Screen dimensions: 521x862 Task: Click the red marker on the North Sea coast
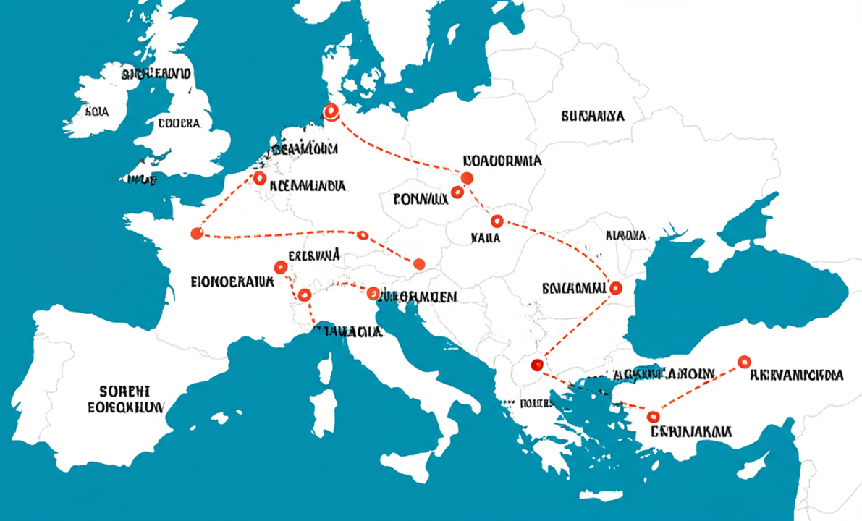point(331,112)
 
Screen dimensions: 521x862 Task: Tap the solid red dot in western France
point(195,233)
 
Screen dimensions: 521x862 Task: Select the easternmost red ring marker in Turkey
point(743,362)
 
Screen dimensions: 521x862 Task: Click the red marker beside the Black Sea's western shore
point(616,288)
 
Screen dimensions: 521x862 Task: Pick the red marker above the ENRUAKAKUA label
point(654,416)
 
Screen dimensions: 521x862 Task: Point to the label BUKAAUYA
point(592,116)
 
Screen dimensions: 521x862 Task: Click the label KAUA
point(485,237)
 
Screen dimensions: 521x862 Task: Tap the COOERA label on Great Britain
point(179,123)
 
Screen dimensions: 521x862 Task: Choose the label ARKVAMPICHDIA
point(796,375)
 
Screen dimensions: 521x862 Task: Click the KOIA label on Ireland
point(96,112)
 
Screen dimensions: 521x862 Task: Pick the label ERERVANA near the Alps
point(314,255)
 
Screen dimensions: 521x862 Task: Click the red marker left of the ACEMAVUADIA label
point(260,178)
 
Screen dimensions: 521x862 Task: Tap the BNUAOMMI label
point(573,288)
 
